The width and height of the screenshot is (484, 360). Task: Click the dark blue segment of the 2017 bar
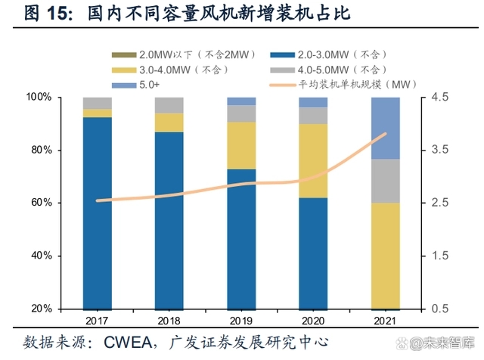tap(98, 213)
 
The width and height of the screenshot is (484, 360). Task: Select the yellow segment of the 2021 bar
tap(386, 256)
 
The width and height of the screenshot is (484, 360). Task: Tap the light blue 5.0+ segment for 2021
tap(386, 128)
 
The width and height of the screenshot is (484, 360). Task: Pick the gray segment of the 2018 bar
tap(169, 105)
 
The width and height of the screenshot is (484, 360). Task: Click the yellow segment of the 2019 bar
tap(241, 145)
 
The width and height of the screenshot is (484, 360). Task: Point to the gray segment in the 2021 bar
tap(386, 181)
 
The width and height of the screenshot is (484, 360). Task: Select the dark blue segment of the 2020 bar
tap(313, 253)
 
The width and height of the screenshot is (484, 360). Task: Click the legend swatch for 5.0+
tap(124, 85)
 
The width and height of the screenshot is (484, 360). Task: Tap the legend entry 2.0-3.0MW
tap(343, 55)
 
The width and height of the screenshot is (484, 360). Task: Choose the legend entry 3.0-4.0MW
tap(184, 70)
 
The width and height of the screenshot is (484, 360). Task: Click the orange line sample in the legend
tap(282, 85)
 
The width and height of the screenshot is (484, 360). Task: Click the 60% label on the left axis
tap(42, 203)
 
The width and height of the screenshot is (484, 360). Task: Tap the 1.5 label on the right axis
tap(439, 256)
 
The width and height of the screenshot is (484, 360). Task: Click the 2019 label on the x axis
tap(241, 321)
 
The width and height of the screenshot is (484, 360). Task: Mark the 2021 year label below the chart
tap(385, 321)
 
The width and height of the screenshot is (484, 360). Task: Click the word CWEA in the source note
tap(128, 343)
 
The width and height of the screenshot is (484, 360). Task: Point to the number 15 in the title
tap(59, 14)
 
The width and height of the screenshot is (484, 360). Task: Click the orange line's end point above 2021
tap(386, 134)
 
